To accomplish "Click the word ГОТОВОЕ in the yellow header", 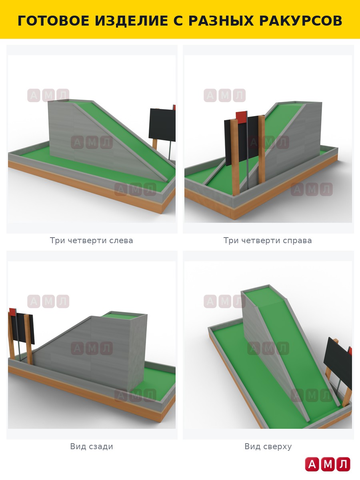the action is click(x=53, y=21).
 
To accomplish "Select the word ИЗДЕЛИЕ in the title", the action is click(x=131, y=21).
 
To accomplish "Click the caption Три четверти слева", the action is click(x=91, y=240).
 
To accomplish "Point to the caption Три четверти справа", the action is click(x=268, y=240).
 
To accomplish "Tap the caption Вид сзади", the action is click(x=91, y=446).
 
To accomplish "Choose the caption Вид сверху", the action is click(x=268, y=446).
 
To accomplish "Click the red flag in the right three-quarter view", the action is click(x=241, y=118).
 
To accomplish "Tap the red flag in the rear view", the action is click(x=13, y=312).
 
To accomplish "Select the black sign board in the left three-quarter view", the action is click(x=162, y=125).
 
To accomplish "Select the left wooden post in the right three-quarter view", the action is click(x=234, y=158).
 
